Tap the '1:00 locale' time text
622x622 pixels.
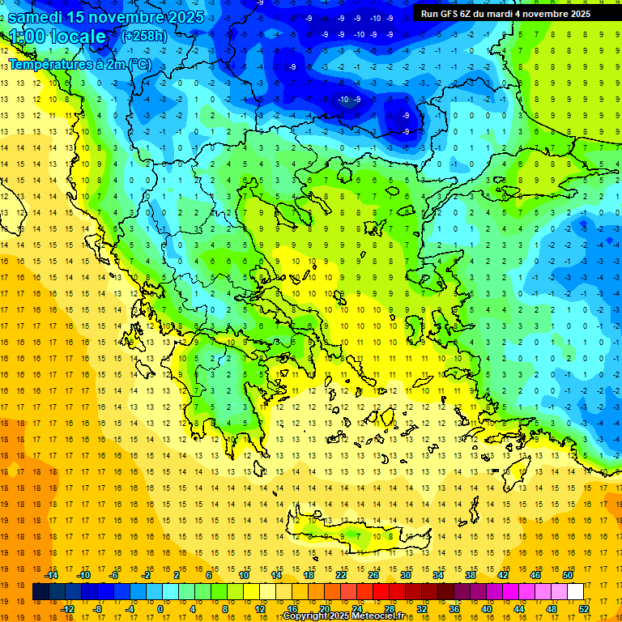coord(58,36)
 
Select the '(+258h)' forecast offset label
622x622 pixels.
coord(144,36)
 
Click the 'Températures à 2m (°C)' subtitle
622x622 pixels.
coord(79,63)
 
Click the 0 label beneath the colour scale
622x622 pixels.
coord(160,608)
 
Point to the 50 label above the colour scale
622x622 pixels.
coord(567,575)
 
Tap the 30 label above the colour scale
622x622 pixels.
coord(406,575)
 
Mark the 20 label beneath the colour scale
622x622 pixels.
coord(325,608)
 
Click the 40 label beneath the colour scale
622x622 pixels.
coord(487,608)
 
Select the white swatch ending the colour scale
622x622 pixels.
coord(576,591)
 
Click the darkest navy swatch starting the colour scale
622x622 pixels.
coord(40,591)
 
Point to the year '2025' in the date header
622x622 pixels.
coord(181,16)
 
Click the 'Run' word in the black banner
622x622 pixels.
coord(429,14)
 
